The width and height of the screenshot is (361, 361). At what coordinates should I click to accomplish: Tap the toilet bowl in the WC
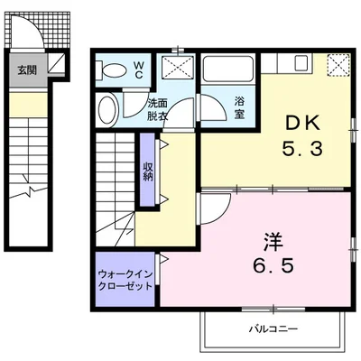115,69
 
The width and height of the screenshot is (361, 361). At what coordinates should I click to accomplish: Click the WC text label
139,69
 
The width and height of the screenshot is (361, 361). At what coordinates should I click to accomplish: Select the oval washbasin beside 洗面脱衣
106,110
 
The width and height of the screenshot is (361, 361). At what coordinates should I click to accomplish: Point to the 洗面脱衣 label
158,109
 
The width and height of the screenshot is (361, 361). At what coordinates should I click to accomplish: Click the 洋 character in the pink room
270,241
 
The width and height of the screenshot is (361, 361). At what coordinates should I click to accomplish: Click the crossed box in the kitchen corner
338,64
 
